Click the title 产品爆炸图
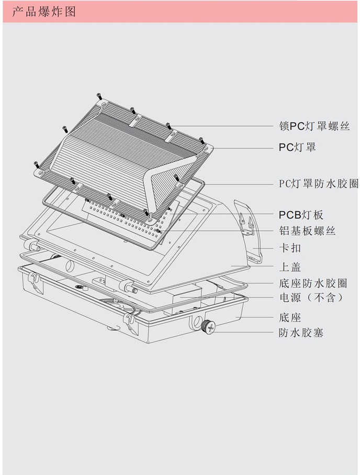(x=44, y=12)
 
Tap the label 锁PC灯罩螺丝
(x=314, y=126)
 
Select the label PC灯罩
(x=297, y=147)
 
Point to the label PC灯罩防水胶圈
(x=318, y=184)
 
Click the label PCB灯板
(x=301, y=215)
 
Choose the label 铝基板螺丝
(x=307, y=231)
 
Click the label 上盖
(x=289, y=267)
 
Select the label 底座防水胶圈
(x=313, y=284)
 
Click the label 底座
(x=289, y=317)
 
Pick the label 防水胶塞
(x=301, y=332)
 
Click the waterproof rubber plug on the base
(x=208, y=327)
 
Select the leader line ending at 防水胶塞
(x=246, y=332)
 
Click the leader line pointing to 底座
(x=259, y=317)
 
